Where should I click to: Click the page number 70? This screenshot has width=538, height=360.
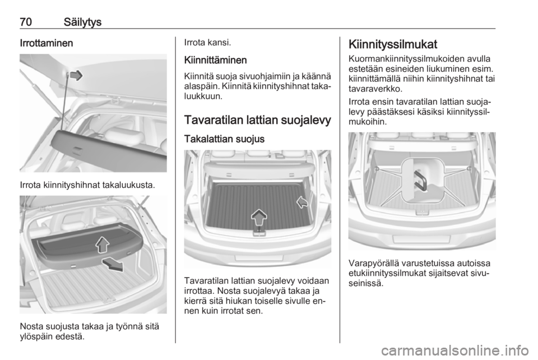pyautogui.click(x=26, y=22)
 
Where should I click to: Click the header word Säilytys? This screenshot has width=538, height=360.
pyautogui.click(x=83, y=22)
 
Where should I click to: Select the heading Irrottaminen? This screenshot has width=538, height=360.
pyautogui.click(x=47, y=43)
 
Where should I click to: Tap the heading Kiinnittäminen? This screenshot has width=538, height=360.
pyautogui.click(x=215, y=60)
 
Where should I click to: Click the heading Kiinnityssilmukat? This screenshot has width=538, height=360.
pyautogui.click(x=393, y=45)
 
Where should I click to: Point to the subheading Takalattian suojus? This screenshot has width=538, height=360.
pyautogui.click(x=224, y=139)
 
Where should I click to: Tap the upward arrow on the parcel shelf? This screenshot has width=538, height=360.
pyautogui.click(x=102, y=244)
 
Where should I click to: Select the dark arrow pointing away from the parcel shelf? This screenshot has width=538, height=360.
pyautogui.click(x=113, y=265)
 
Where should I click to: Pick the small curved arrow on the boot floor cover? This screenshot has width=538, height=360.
pyautogui.click(x=302, y=202)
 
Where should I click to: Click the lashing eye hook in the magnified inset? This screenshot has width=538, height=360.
pyautogui.click(x=420, y=181)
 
